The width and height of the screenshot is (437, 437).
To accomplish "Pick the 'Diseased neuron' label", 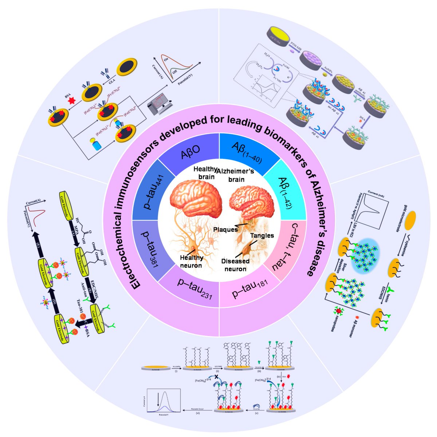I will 235,265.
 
